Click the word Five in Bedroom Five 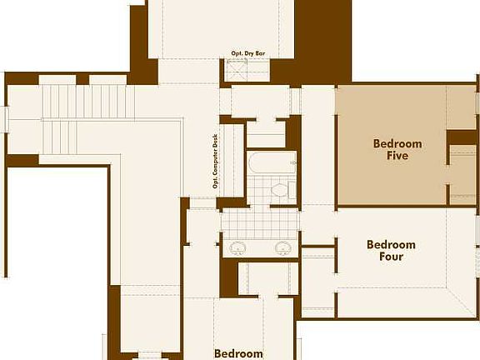point(397,156)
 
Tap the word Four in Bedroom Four point(391,257)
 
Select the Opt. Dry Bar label point(247,54)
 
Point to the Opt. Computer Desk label point(215,162)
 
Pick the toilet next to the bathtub point(279,191)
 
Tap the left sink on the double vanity point(237,247)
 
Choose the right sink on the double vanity point(282,247)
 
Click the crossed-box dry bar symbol point(239,70)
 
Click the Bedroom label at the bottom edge point(238,353)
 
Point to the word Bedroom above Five point(397,143)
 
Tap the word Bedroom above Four point(391,244)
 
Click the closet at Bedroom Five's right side point(462,171)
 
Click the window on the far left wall point(4,117)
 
